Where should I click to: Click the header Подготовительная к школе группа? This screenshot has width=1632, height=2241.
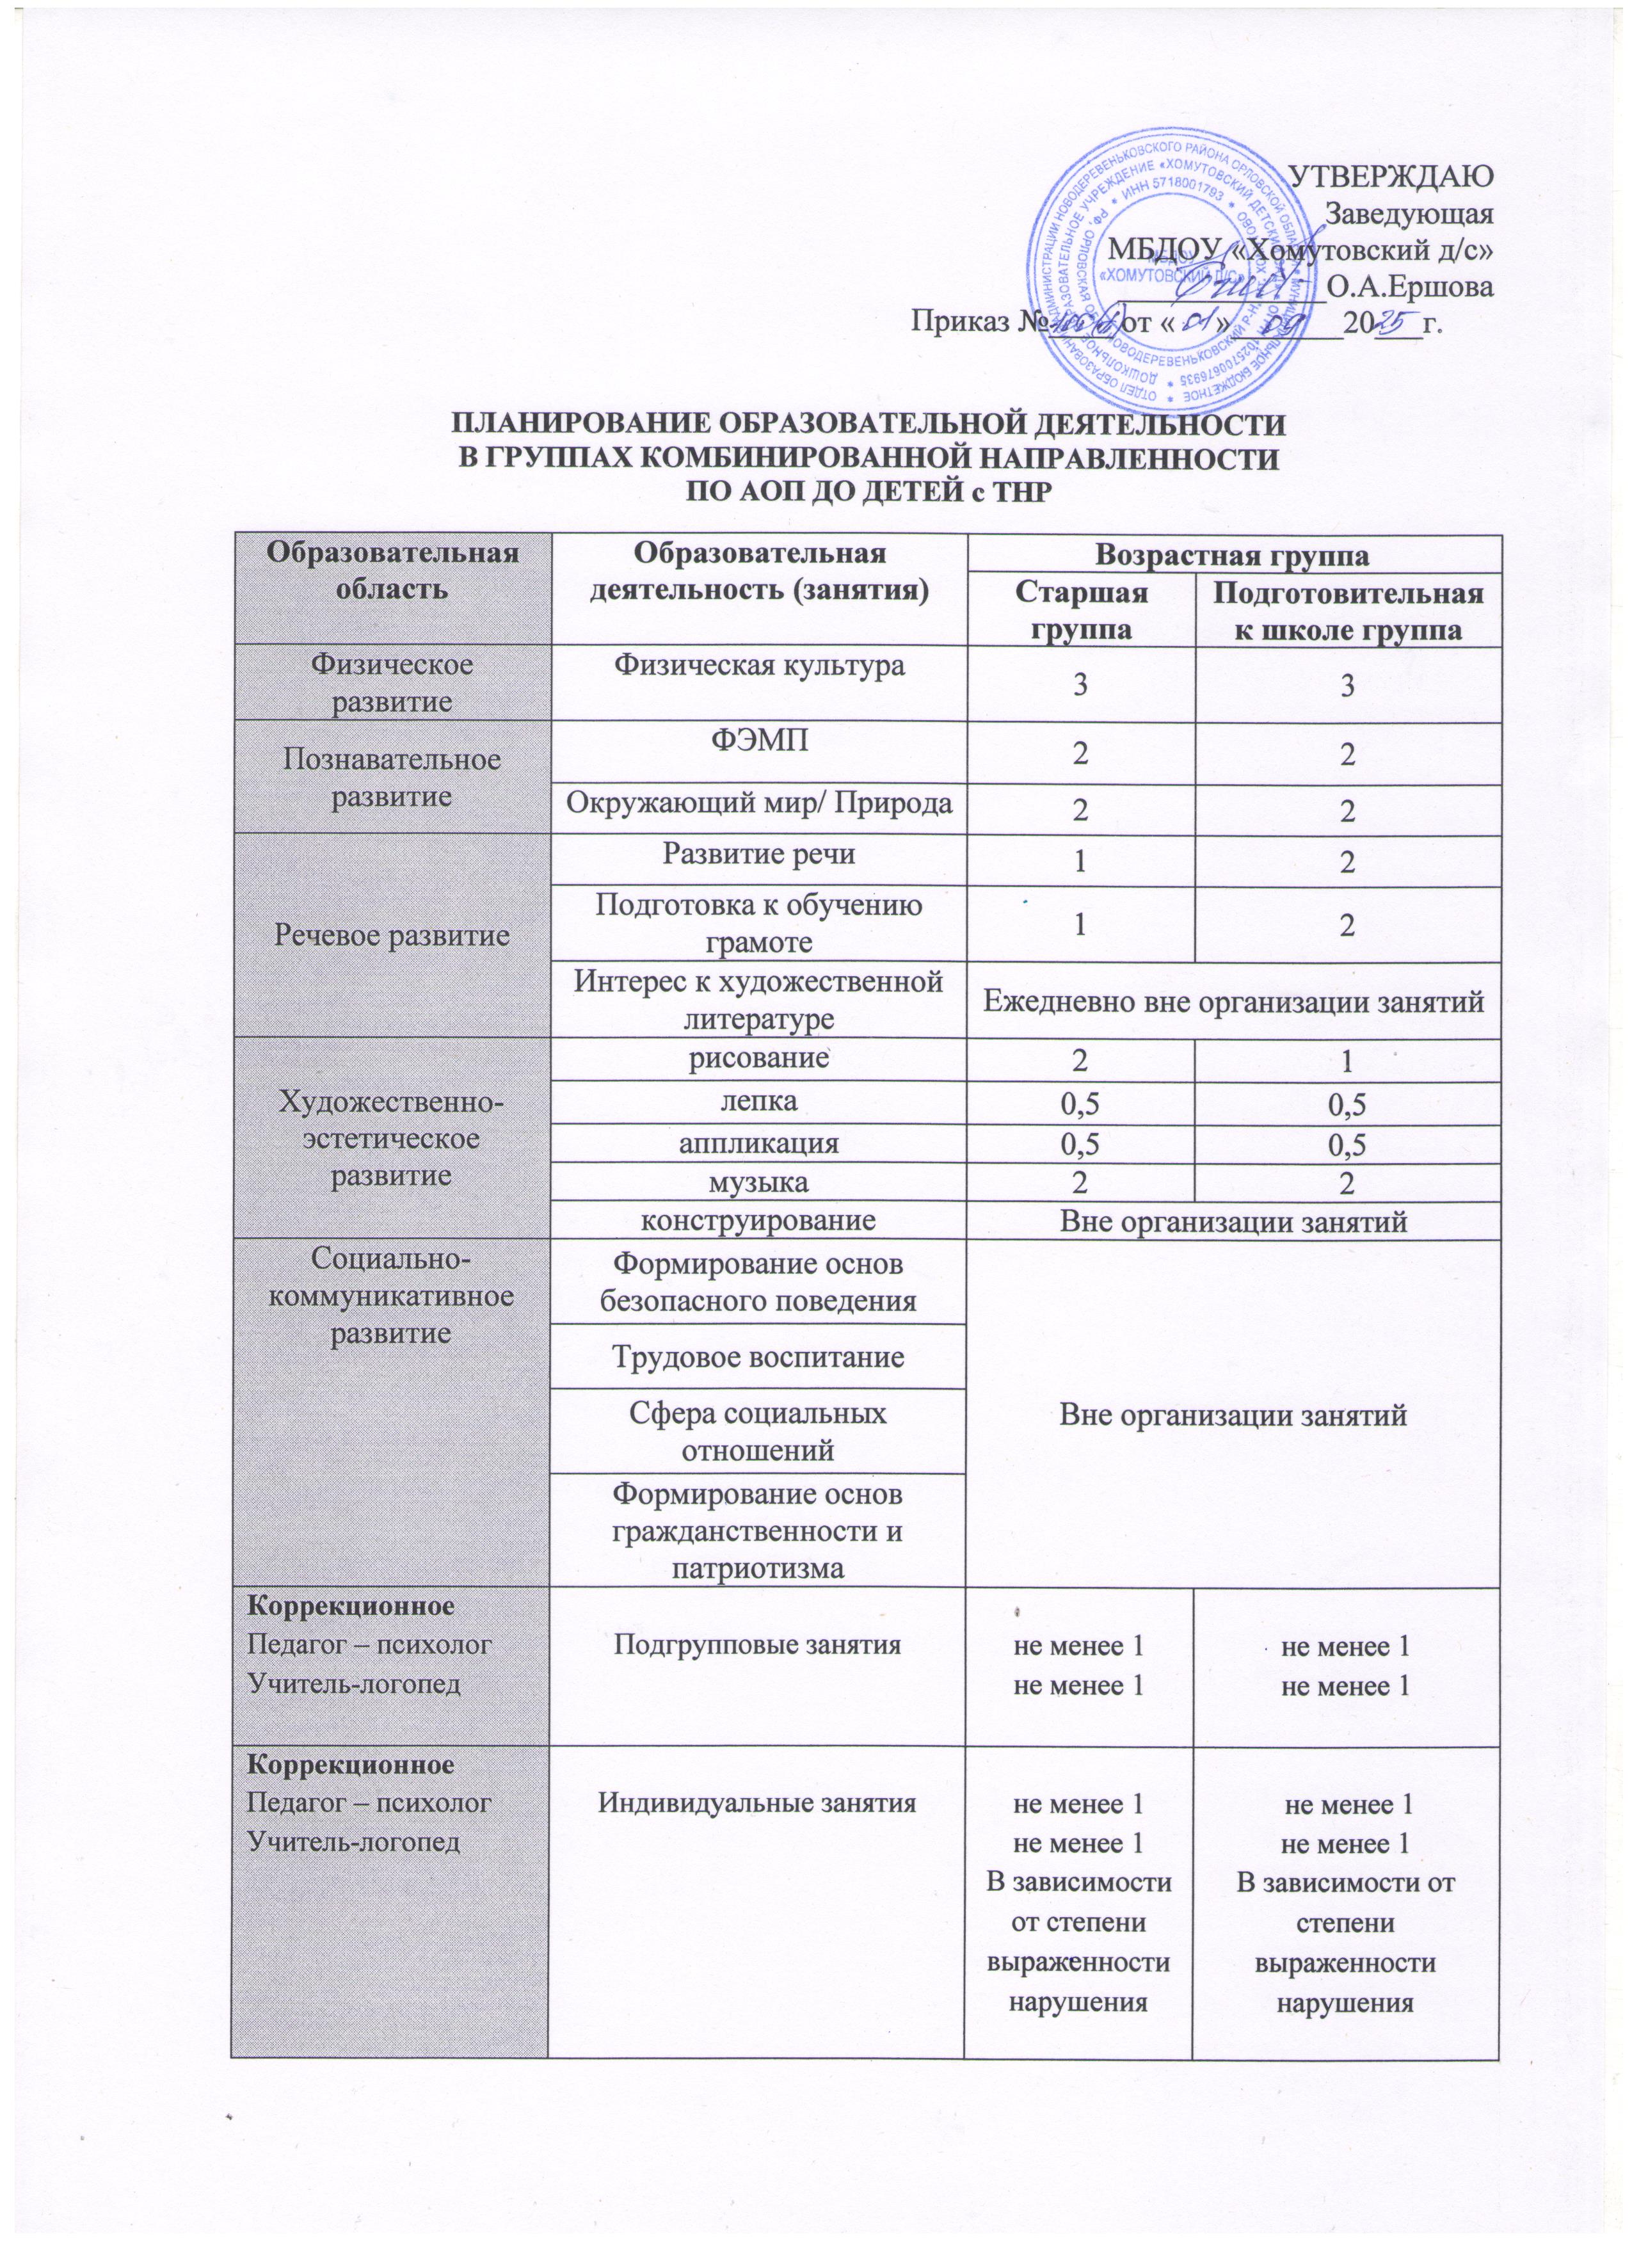coord(1347,611)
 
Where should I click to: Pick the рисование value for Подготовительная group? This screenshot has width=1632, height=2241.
coord(1347,1062)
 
